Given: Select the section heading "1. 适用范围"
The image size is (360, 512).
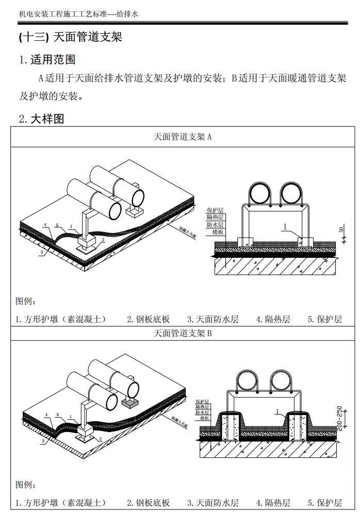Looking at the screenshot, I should [x=47, y=60].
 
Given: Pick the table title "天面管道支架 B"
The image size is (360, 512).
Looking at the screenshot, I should [x=183, y=333].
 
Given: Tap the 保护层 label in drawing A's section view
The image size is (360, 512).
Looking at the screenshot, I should [x=215, y=211].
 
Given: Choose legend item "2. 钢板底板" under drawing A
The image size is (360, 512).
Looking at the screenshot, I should [x=149, y=319].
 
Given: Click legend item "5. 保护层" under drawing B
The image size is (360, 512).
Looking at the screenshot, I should [x=325, y=503].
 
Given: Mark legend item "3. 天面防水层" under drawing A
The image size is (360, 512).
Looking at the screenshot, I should [x=212, y=319].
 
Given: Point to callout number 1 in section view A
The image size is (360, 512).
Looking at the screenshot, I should [x=284, y=226].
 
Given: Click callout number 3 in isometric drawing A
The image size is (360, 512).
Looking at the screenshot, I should [x=41, y=252].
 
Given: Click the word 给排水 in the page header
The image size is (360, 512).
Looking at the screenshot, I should [x=128, y=14].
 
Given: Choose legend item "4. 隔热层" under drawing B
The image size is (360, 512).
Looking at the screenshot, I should [x=273, y=503].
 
